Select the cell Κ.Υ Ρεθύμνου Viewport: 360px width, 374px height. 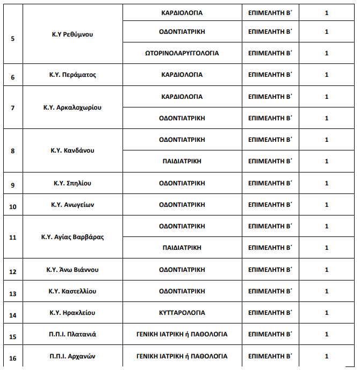72,34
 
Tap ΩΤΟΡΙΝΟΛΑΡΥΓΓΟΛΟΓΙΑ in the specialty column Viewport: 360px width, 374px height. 182,53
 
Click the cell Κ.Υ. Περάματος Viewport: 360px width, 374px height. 72,75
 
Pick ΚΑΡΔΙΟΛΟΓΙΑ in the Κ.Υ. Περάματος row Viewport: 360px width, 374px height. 182,75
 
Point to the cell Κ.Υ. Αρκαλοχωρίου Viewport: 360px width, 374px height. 72,107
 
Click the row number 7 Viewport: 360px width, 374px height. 13,108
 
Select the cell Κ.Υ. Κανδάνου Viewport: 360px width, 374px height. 72,150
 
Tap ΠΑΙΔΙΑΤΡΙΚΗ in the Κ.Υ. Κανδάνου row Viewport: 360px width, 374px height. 182,161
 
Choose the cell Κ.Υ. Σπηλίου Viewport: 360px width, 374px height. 72,183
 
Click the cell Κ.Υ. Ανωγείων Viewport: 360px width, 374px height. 72,205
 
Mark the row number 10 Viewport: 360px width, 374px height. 13,207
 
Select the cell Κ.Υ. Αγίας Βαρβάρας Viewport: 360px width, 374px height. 72,237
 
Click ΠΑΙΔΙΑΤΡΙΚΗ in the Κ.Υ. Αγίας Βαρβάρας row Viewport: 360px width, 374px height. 182,248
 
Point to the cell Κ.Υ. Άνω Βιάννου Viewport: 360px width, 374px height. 72,270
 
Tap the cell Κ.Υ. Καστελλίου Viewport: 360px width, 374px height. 72,291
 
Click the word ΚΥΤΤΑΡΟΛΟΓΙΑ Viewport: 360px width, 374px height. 182,313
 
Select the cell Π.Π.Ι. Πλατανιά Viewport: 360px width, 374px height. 72,334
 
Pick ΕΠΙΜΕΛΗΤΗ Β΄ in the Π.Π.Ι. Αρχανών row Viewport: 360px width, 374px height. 270,356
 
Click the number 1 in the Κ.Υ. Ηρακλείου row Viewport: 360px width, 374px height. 327,313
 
